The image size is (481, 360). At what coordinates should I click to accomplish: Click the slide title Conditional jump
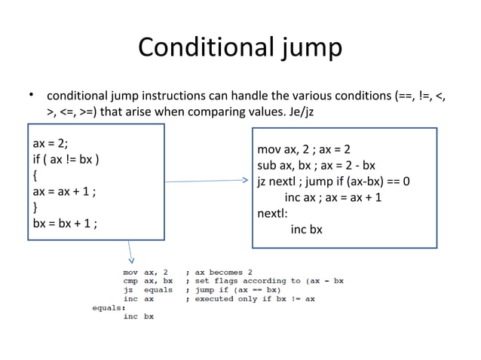pyautogui.click(x=240, y=47)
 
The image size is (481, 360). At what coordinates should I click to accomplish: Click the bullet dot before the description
pyautogui.click(x=32, y=96)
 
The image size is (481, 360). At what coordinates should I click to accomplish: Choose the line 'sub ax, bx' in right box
pyautogui.click(x=316, y=165)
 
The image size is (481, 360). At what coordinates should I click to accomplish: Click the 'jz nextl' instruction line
pyautogui.click(x=333, y=182)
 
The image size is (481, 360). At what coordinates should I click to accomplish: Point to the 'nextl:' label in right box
pyautogui.click(x=274, y=213)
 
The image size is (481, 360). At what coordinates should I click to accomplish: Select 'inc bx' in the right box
pyautogui.click(x=306, y=229)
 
